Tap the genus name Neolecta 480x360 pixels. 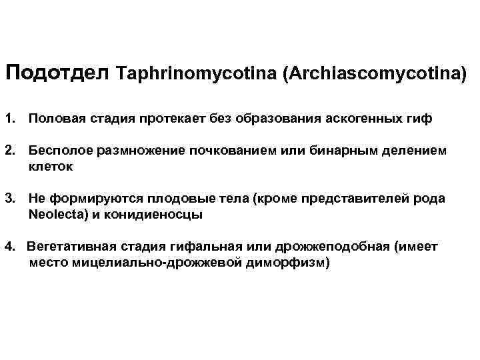[x=53, y=215]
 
